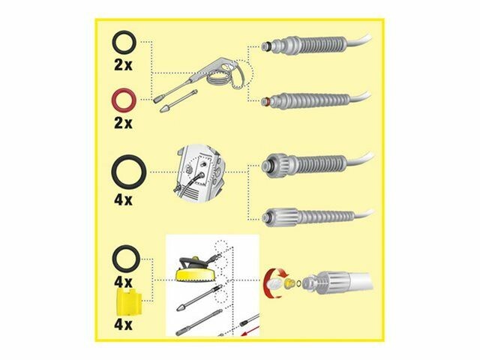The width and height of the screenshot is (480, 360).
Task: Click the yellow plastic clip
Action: [129, 301]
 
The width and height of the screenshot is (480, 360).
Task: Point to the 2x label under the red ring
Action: [123, 123]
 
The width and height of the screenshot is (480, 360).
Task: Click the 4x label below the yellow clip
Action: [123, 324]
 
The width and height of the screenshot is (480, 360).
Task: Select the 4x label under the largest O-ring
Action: [123, 200]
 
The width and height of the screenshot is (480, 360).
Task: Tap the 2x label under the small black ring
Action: [123, 65]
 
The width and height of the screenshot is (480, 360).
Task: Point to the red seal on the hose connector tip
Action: [268, 100]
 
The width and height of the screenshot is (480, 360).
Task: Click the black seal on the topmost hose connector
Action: [268, 46]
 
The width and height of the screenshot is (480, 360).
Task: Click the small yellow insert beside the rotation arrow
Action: [288, 283]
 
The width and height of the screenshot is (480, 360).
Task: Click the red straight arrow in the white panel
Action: [250, 331]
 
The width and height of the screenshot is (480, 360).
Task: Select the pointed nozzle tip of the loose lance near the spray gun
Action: [164, 109]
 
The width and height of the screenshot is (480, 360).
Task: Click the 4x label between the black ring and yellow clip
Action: [123, 282]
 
